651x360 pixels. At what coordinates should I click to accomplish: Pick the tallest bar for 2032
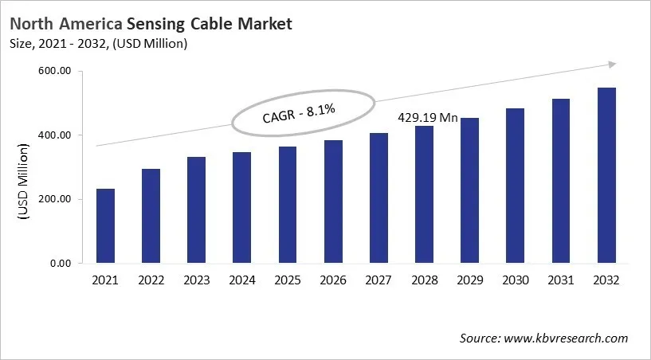(606, 175)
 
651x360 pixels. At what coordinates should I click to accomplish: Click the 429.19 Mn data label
(428, 118)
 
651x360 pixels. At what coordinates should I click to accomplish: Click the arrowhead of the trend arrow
(611, 65)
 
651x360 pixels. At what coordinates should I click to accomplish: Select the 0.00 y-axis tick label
(61, 263)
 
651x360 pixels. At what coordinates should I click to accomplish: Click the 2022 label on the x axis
(151, 280)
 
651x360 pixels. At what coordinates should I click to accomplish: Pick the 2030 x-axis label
(516, 280)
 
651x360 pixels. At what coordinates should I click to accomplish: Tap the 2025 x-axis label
(288, 280)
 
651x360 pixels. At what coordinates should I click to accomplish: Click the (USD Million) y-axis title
(25, 182)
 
